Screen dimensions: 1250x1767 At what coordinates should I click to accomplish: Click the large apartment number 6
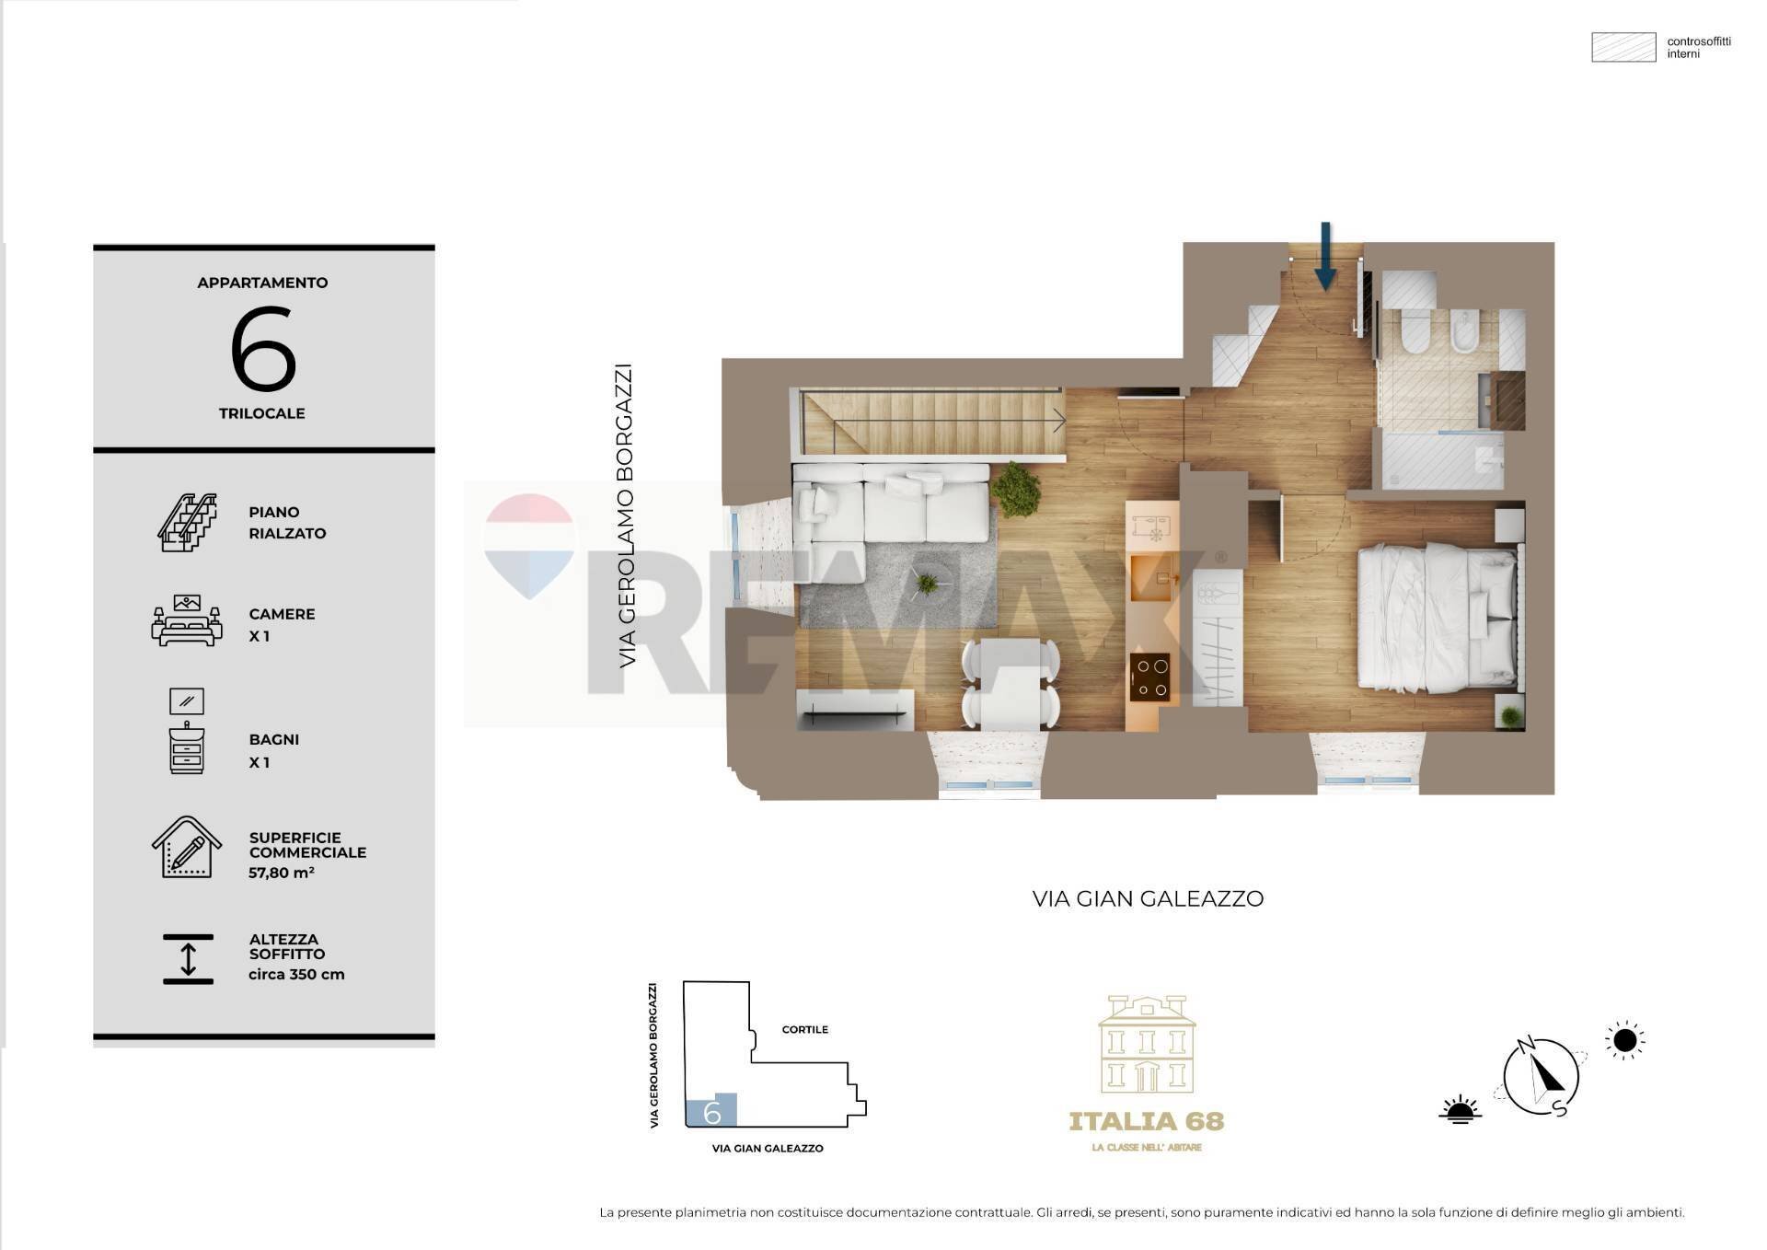pos(263,350)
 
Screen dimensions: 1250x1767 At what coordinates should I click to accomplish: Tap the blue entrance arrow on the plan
pos(1325,257)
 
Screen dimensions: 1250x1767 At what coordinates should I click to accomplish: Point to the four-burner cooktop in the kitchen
pos(1149,677)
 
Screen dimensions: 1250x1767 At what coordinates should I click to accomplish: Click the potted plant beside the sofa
pos(1016,489)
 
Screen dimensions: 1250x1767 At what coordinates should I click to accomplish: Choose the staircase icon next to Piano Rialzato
pos(188,523)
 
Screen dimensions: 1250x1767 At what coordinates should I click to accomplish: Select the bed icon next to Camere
pos(187,621)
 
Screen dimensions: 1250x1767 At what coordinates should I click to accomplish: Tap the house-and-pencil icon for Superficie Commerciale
pos(187,848)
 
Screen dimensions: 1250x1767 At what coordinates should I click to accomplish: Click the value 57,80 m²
pos(281,873)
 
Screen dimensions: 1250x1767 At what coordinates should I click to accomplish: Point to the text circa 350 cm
pos(296,975)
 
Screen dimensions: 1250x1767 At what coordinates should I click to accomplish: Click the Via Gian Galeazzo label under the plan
pos(1148,899)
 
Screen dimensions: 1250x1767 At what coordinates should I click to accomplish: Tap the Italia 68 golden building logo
pos(1147,1045)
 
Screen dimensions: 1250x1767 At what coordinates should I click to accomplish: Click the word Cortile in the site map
pos(805,1029)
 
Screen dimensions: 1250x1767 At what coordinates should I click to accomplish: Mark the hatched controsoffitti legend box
pos(1623,48)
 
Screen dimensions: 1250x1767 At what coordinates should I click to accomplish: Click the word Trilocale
pos(262,413)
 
